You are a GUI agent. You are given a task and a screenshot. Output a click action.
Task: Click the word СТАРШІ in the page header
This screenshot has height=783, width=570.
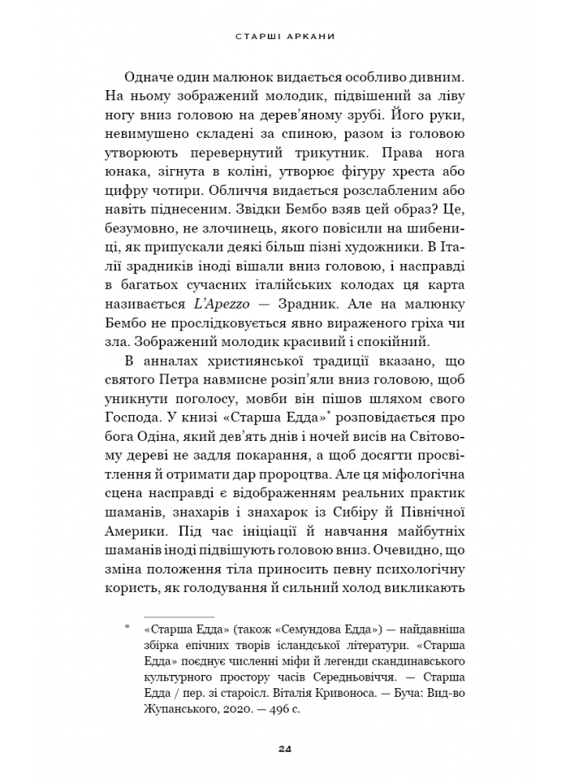click(x=258, y=36)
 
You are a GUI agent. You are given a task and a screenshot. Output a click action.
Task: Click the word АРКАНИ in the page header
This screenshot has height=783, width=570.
click(x=310, y=36)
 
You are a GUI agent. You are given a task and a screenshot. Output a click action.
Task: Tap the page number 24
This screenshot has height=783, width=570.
click(x=285, y=749)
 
